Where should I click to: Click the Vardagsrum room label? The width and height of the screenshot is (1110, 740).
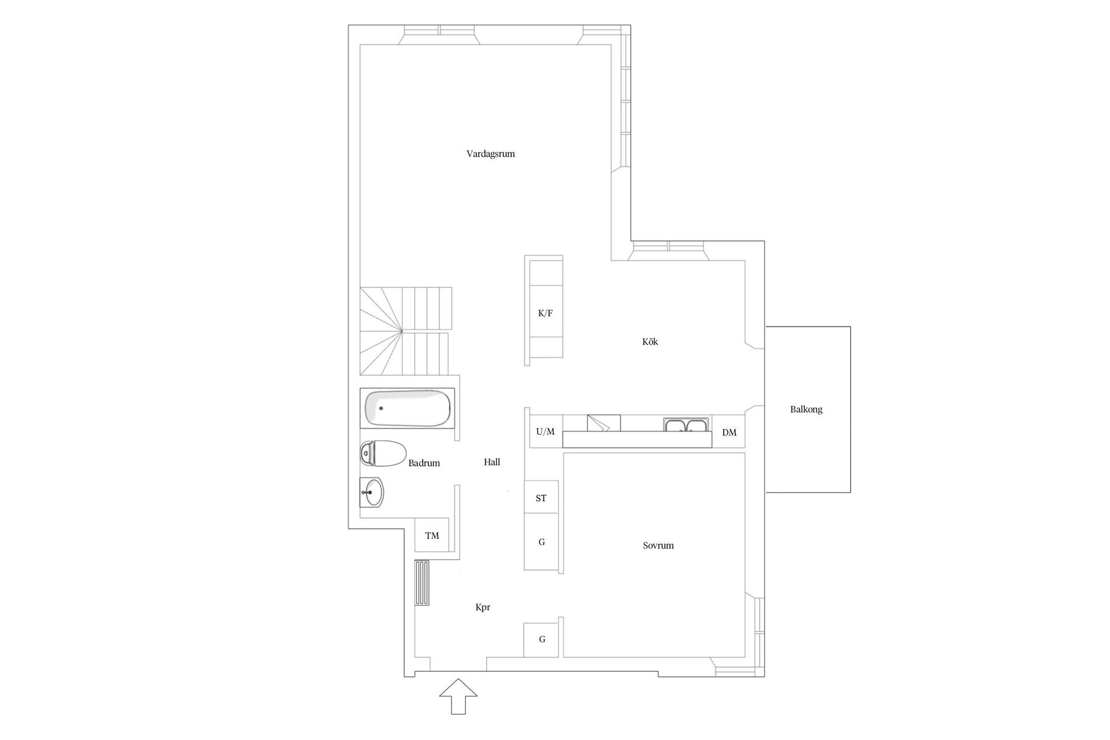click(x=490, y=154)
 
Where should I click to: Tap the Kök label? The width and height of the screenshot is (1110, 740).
click(x=650, y=342)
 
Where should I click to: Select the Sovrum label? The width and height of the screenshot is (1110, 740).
click(x=658, y=545)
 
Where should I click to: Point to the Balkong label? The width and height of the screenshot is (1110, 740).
click(x=806, y=409)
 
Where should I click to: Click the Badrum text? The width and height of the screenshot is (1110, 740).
click(x=424, y=463)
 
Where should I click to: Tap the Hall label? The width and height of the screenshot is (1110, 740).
click(x=492, y=462)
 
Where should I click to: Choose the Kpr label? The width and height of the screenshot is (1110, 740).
click(x=483, y=608)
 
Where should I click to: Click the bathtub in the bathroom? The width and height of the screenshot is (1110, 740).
click(x=407, y=408)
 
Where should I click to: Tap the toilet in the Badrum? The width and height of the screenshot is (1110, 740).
click(x=383, y=453)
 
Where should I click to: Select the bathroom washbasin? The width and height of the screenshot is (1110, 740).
click(x=372, y=493)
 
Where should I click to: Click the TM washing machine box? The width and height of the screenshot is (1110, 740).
click(x=432, y=535)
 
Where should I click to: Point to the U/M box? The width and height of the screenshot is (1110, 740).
click(x=545, y=431)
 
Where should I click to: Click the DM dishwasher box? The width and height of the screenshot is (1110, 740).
click(x=729, y=432)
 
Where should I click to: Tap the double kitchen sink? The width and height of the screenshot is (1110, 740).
click(x=686, y=425)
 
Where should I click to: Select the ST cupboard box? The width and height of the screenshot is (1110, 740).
click(x=541, y=497)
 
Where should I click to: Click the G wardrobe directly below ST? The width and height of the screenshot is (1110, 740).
click(x=542, y=542)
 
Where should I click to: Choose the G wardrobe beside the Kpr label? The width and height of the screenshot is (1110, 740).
click(x=541, y=639)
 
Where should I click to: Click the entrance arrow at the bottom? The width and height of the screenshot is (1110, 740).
click(x=458, y=696)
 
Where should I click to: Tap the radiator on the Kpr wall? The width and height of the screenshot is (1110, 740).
click(x=422, y=583)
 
